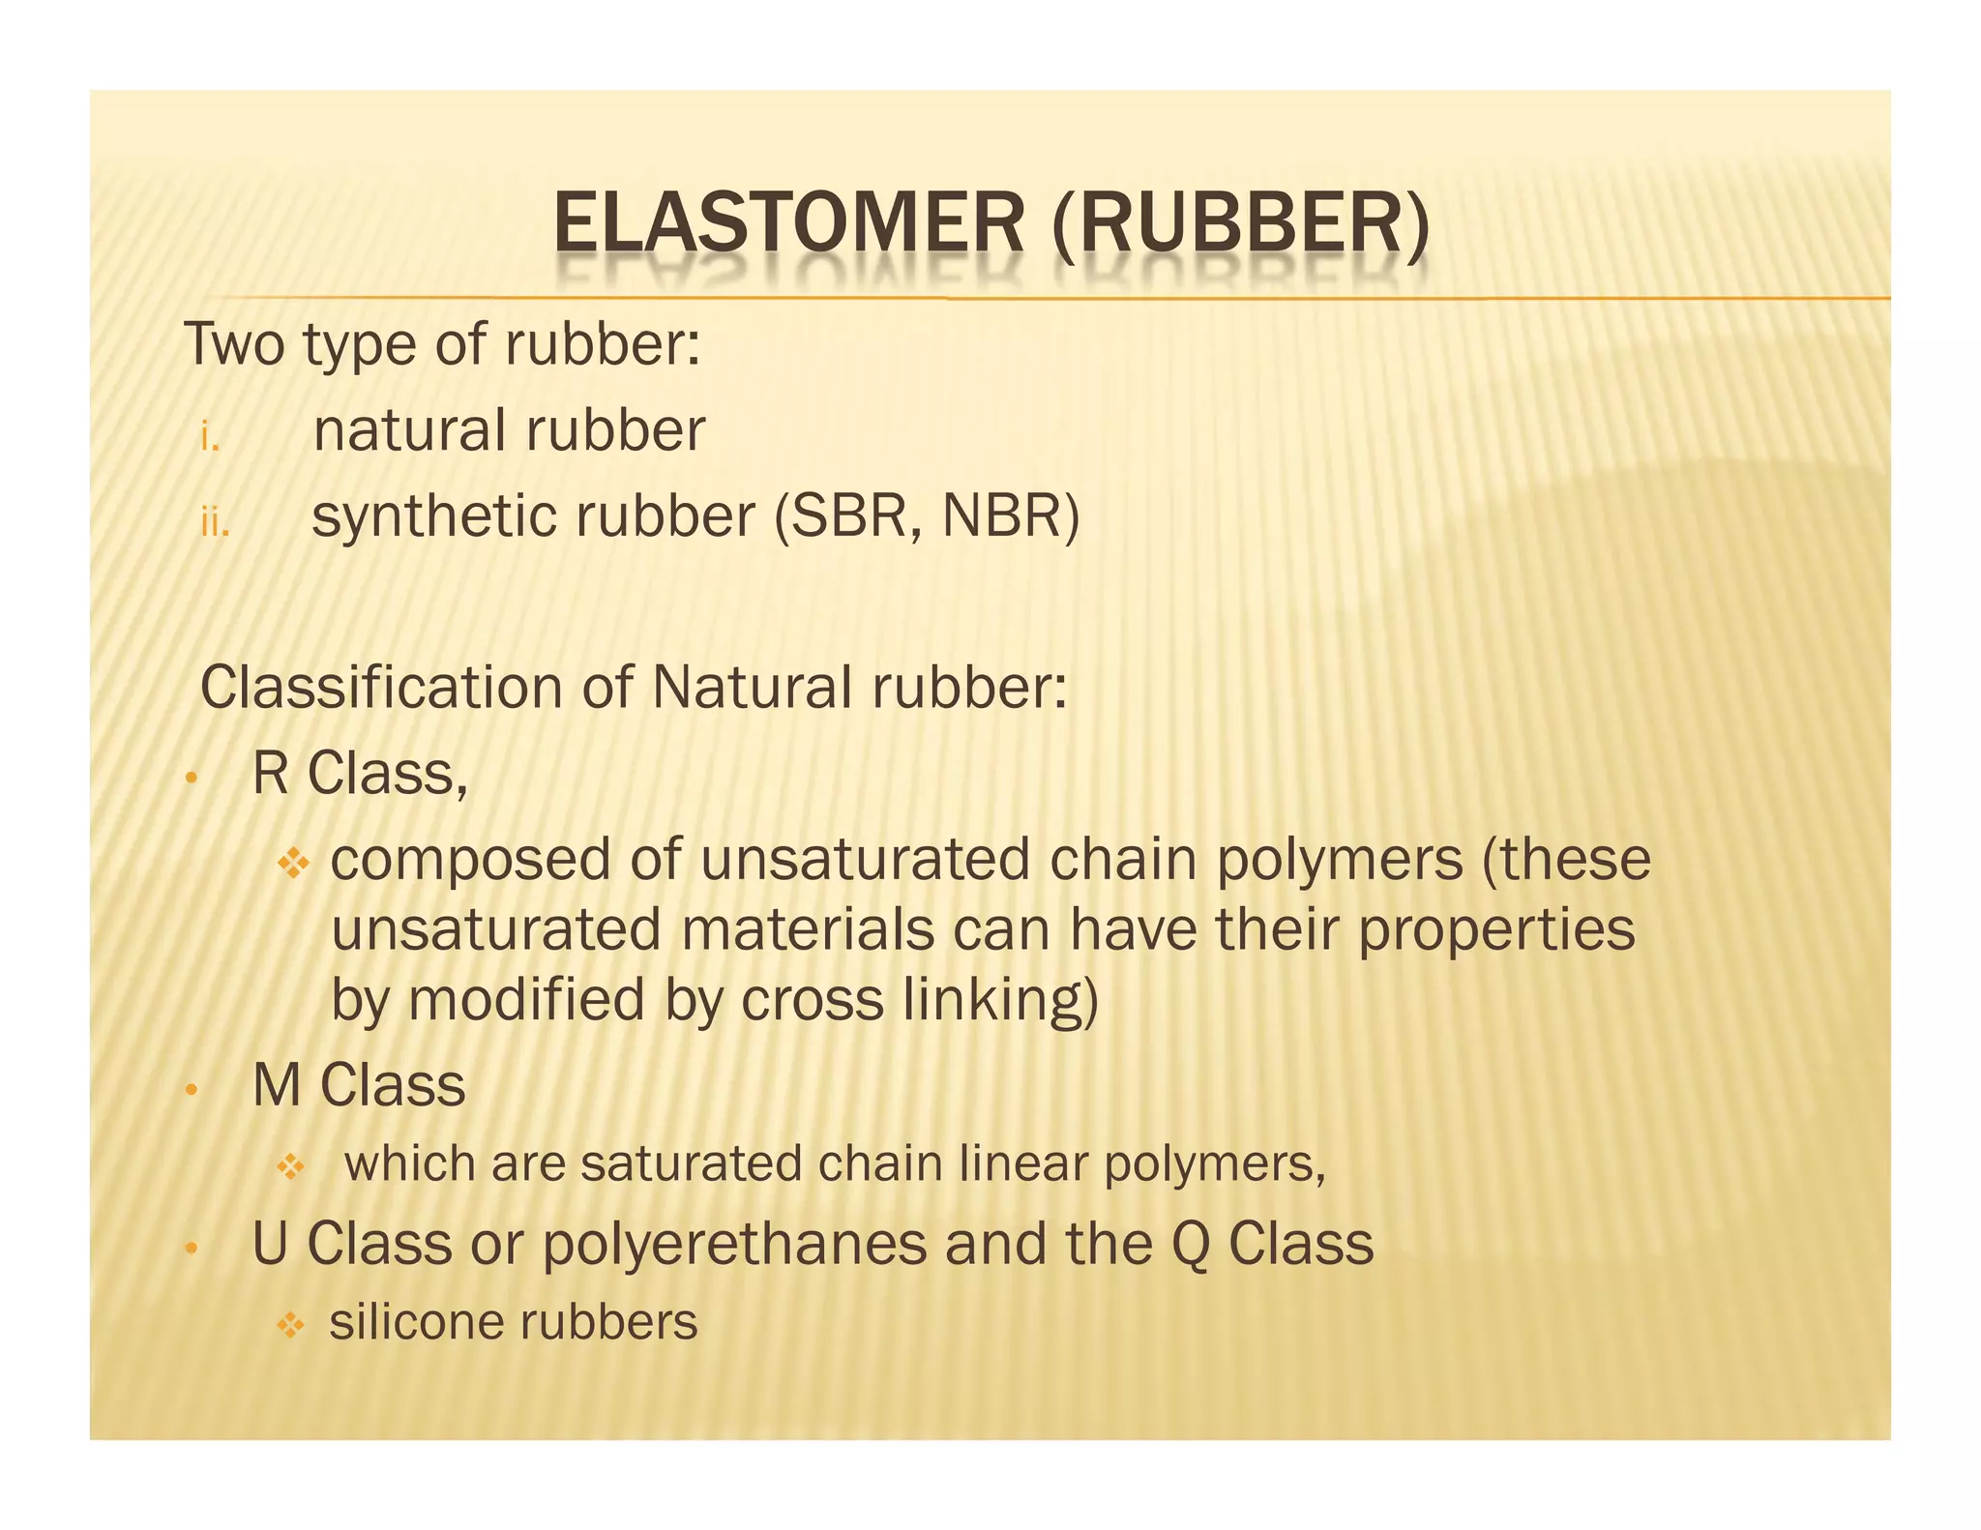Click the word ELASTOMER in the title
tap(788, 223)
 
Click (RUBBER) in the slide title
tap(1240, 223)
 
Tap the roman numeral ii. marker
tap(215, 523)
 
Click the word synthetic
tap(435, 516)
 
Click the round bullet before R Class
tap(192, 778)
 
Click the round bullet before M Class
tap(192, 1090)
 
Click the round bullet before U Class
tap(192, 1249)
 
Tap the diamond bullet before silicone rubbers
tap(290, 1324)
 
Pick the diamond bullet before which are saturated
tap(290, 1166)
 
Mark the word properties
tap(1496, 930)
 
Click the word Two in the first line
tap(233, 344)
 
